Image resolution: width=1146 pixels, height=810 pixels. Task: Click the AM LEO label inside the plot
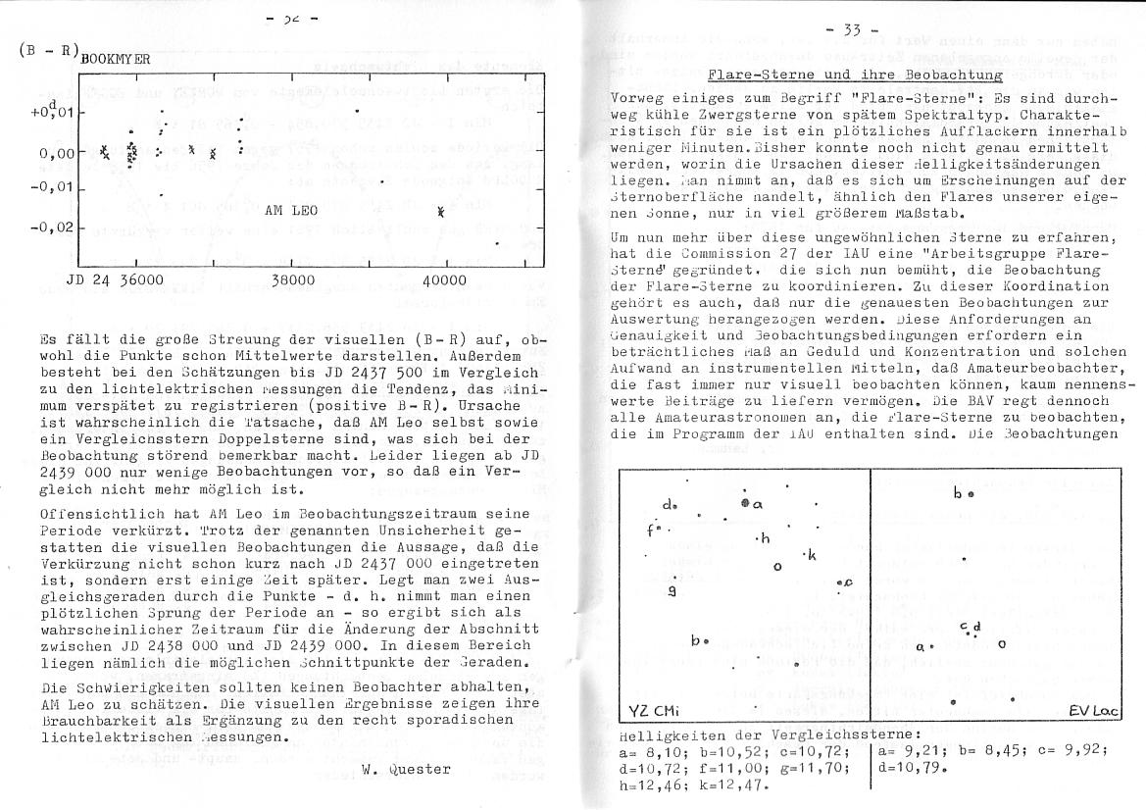point(291,210)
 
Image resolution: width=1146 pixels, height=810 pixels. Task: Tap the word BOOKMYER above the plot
point(116,59)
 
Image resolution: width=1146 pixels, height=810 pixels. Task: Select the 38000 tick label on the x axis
point(292,280)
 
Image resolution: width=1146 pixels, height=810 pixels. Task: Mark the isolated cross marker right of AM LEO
point(441,211)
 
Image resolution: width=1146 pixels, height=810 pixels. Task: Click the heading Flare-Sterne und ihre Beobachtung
point(855,76)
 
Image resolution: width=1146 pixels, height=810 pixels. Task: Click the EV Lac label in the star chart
point(1090,710)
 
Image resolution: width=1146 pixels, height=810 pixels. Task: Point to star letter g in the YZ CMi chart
point(671,590)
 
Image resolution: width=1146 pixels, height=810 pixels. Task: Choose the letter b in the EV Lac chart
point(958,493)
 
